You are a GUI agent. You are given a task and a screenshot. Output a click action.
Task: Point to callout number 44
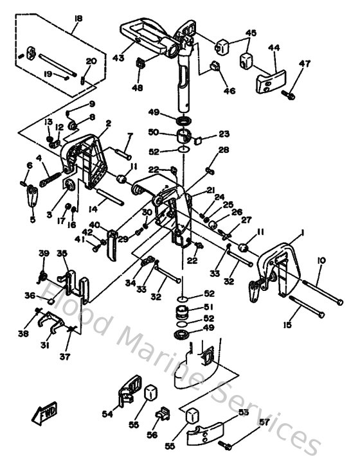(274, 48)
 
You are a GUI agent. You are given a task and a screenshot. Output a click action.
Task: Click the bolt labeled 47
(289, 95)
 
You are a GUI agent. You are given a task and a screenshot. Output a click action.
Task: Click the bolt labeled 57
(226, 444)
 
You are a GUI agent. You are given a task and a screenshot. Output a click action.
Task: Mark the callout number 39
(44, 255)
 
